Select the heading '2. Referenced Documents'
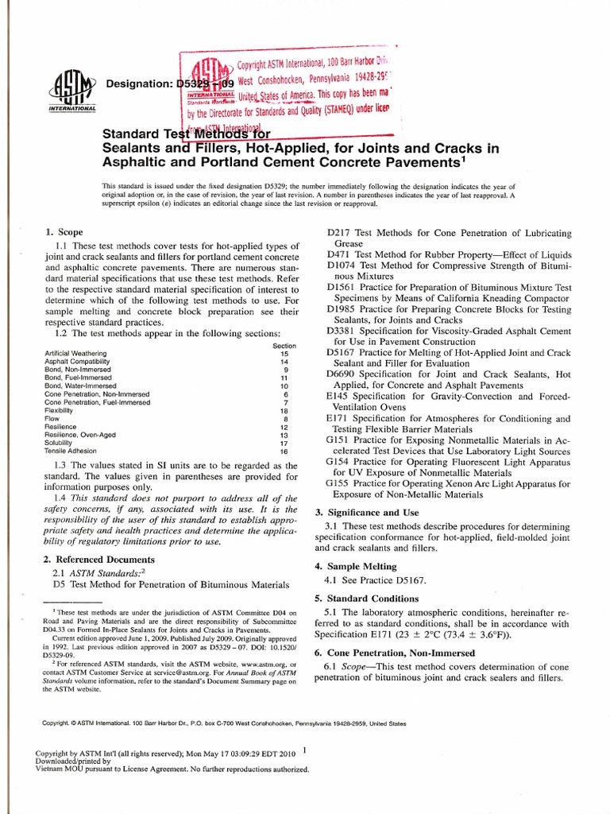(x=93, y=558)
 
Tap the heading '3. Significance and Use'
(x=369, y=512)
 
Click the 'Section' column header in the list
(x=284, y=345)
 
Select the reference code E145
(x=338, y=395)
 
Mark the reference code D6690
(x=342, y=374)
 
